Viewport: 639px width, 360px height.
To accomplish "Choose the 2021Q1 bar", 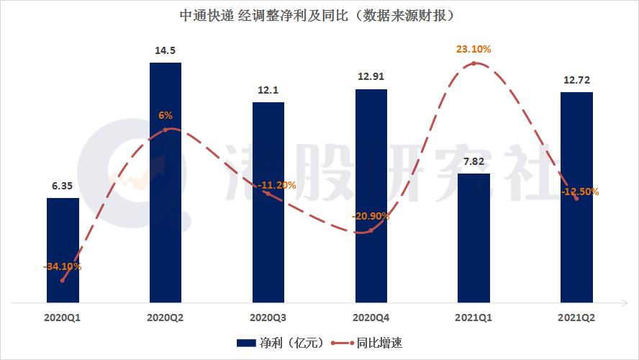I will [x=473, y=238].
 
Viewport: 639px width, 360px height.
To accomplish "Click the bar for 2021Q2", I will [x=576, y=196].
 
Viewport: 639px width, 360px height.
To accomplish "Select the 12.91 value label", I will [x=371, y=76].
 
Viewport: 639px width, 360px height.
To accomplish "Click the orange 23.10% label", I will [x=473, y=50].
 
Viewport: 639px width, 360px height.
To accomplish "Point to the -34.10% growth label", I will [x=62, y=267].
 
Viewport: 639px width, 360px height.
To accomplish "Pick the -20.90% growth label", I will [x=371, y=216].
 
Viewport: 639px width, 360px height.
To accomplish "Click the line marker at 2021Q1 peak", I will [x=473, y=64].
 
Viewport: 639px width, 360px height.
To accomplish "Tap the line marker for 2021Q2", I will [x=576, y=199].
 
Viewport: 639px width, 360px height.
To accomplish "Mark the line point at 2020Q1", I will [x=63, y=281].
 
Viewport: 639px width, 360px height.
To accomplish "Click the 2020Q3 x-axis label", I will [x=268, y=316].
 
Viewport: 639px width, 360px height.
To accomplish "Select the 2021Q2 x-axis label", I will [x=576, y=316].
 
